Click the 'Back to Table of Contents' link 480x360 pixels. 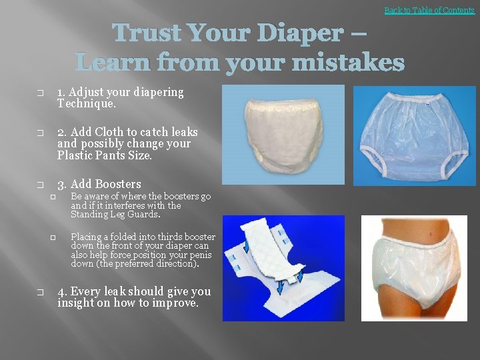click(429, 10)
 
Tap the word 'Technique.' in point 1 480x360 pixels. click(87, 104)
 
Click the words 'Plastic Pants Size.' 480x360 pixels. click(105, 156)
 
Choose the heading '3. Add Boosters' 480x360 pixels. click(99, 184)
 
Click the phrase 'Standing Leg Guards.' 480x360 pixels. click(116, 215)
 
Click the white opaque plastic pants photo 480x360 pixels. click(283, 133)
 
